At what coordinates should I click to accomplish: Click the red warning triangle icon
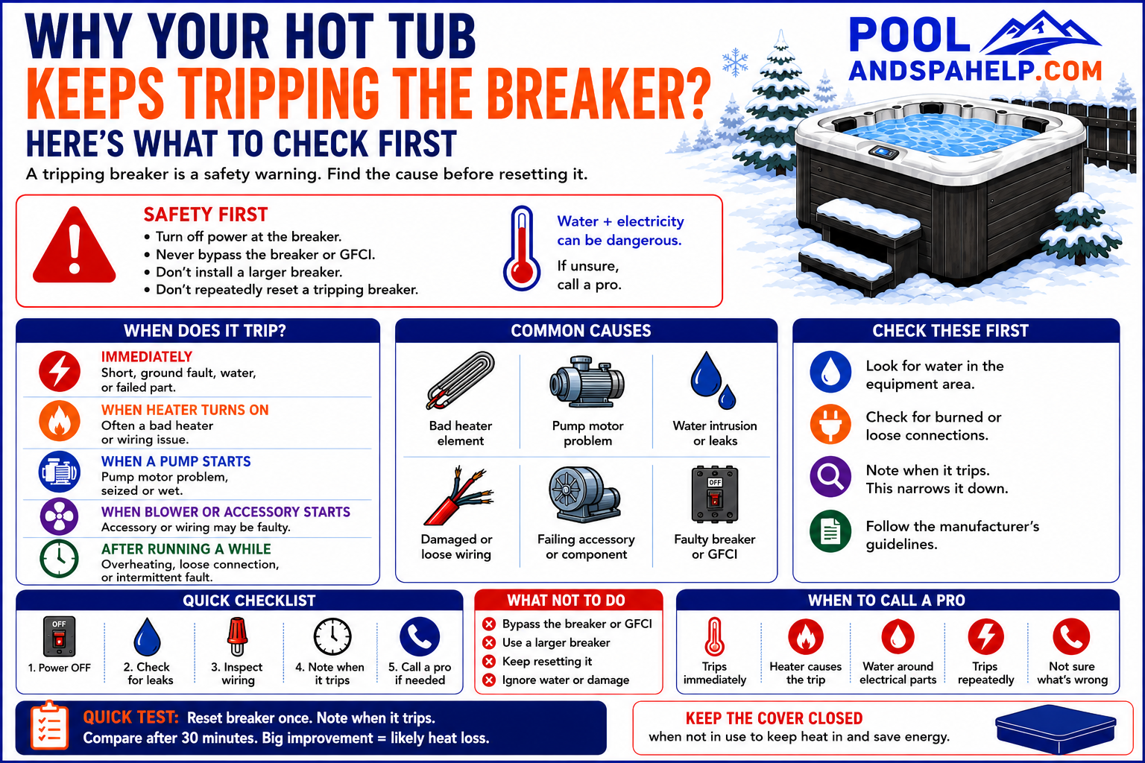(74, 247)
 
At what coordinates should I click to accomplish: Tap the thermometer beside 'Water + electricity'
(521, 248)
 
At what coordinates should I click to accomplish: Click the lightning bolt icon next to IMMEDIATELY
(60, 370)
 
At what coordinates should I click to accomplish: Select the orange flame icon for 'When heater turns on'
(60, 421)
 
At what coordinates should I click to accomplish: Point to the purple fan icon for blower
(60, 516)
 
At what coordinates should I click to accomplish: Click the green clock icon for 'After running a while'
(60, 559)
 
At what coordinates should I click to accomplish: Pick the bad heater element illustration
(461, 381)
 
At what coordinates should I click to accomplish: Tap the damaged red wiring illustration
(458, 496)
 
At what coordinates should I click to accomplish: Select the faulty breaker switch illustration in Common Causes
(715, 494)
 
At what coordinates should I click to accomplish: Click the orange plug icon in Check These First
(830, 424)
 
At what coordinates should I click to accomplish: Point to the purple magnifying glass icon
(830, 477)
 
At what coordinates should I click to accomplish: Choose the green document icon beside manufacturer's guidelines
(830, 531)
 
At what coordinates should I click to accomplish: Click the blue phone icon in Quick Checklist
(420, 637)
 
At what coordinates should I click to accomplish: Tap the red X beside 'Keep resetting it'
(489, 662)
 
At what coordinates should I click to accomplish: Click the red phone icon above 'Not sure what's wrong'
(1071, 637)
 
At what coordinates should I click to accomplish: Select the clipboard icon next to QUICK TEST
(49, 726)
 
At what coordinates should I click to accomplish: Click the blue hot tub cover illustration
(1056, 728)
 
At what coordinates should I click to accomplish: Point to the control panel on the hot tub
(884, 152)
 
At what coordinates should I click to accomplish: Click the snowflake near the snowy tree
(735, 63)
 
